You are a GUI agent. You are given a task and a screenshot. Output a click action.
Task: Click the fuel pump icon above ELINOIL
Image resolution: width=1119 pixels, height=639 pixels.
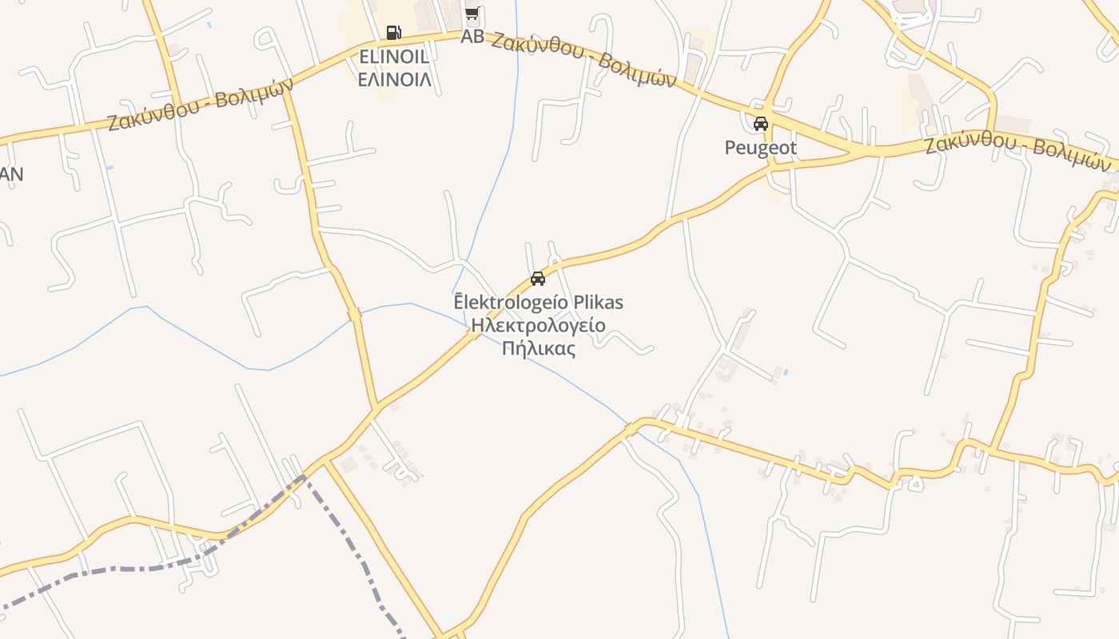(x=393, y=33)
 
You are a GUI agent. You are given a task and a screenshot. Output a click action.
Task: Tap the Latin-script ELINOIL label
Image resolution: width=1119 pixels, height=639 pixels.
(x=394, y=57)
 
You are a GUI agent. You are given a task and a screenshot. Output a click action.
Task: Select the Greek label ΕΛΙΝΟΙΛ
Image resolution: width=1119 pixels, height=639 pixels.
(x=394, y=79)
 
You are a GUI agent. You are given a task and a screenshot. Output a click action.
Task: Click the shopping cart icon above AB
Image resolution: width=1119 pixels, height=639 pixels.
(x=472, y=13)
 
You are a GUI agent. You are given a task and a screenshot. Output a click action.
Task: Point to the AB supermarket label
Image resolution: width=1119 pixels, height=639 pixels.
(x=472, y=36)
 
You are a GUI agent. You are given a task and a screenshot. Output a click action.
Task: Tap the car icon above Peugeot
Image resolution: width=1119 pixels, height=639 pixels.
(x=761, y=124)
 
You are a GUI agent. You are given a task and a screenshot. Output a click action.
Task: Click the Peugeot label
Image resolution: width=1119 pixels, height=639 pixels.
(x=760, y=148)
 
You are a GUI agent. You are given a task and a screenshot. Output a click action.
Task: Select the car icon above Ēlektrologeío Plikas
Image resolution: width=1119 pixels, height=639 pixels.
(x=538, y=279)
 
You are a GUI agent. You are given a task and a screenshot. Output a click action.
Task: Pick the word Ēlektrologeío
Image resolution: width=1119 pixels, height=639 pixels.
(x=511, y=303)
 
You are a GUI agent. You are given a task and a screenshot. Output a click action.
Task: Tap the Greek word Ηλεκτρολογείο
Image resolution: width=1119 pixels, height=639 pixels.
(x=538, y=325)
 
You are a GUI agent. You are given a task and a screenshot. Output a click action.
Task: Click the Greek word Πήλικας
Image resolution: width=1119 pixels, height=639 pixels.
(x=538, y=348)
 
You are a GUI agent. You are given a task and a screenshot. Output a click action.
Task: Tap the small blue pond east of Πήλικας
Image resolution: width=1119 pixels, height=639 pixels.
(x=786, y=371)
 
